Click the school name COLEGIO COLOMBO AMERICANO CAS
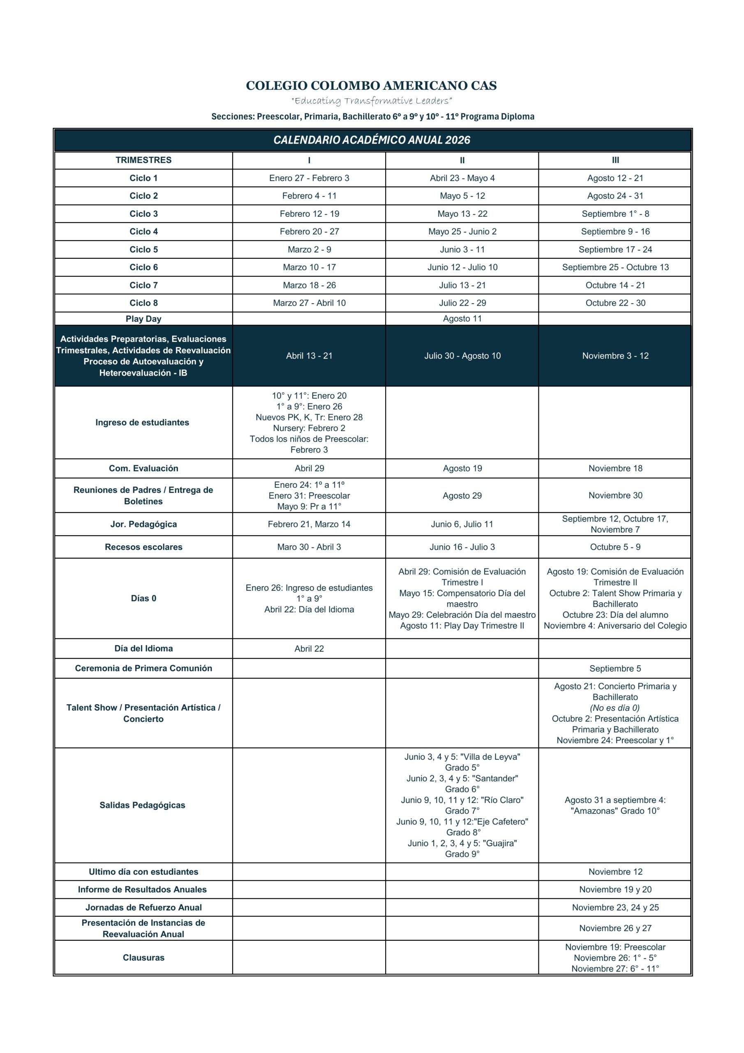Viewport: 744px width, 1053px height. [x=371, y=86]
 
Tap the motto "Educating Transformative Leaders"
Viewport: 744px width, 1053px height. [x=371, y=100]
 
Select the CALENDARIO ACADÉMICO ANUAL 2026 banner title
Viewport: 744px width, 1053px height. [x=372, y=140]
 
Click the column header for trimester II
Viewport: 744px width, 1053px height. [x=462, y=160]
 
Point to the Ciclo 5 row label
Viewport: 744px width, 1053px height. [x=143, y=250]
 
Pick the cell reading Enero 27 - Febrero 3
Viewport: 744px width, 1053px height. [x=309, y=178]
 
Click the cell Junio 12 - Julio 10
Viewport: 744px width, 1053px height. [x=462, y=267]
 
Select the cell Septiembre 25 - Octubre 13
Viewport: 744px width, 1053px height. [x=615, y=267]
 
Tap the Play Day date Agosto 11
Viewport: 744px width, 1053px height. [x=462, y=319]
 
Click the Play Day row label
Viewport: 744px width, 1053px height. [x=143, y=319]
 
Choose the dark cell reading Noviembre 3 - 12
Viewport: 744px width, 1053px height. [x=615, y=355]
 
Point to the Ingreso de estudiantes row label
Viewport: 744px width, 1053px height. [x=142, y=422]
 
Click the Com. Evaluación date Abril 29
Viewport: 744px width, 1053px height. [x=309, y=468]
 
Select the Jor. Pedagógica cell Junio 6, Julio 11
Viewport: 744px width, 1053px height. [x=462, y=524]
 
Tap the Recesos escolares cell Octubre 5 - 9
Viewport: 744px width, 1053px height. [x=615, y=547]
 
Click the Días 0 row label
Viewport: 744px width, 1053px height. [x=143, y=598]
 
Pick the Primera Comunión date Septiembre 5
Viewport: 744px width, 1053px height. [x=615, y=668]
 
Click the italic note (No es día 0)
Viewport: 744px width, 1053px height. [x=615, y=707]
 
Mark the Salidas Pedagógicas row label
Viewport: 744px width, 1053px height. [x=142, y=805]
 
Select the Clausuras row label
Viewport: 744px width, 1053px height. [x=143, y=957]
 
